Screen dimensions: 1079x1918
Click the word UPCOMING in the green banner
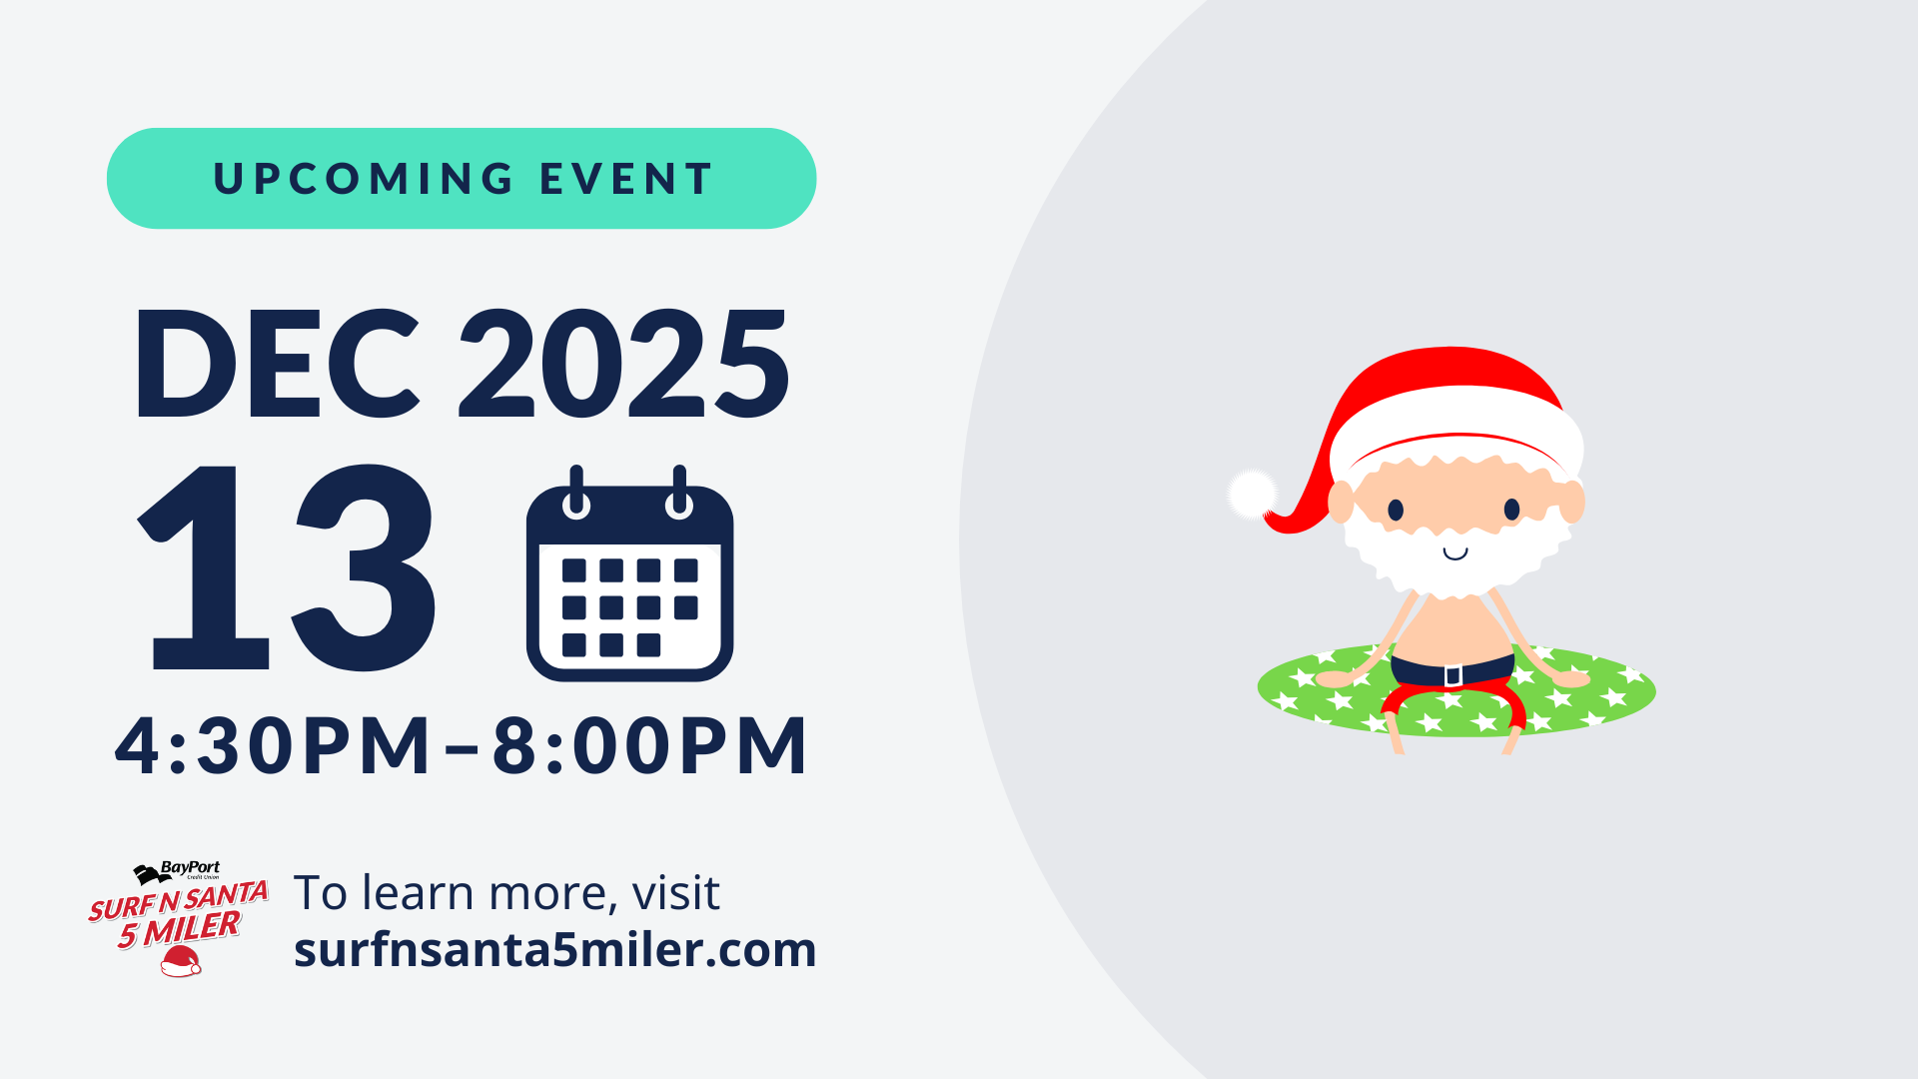364,180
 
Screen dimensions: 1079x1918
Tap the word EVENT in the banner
626,180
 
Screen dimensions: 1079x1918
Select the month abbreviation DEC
277,364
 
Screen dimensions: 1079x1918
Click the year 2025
623,364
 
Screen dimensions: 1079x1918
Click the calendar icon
629,579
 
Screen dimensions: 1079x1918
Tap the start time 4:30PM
273,745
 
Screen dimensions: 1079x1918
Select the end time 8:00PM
649,745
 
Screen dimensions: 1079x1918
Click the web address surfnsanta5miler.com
554,949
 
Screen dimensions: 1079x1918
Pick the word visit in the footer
675,893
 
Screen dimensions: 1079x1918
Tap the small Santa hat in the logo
181,962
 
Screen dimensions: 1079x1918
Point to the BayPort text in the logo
190,868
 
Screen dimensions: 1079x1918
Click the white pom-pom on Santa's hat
1252,494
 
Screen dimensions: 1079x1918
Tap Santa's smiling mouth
1455,553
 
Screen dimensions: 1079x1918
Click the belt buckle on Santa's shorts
1453,675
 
